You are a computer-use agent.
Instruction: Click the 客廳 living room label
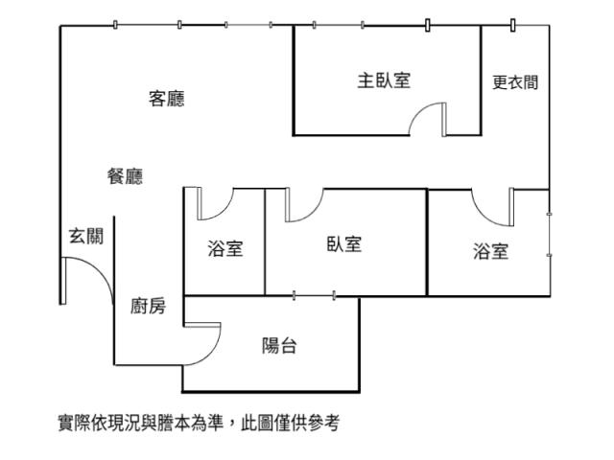pos(167,99)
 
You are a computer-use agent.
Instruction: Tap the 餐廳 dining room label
pos(125,176)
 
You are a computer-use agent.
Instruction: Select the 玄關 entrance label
pos(85,236)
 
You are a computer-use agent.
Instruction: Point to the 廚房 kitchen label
pos(148,307)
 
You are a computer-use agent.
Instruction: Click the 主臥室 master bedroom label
pos(384,81)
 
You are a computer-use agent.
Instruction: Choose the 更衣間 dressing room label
pos(515,82)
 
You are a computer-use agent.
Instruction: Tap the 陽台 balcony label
pos(279,346)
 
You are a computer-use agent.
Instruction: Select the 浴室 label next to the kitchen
pos(225,250)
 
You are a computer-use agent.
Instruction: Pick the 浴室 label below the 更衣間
pos(490,252)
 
